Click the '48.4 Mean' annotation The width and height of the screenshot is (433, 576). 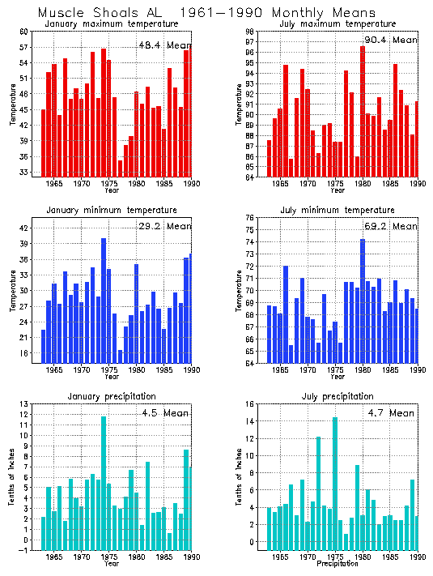click(x=162, y=45)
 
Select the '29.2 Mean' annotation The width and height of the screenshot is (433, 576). click(x=162, y=227)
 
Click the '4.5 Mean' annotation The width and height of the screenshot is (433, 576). click(x=162, y=413)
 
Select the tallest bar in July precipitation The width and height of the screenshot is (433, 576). click(x=334, y=482)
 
